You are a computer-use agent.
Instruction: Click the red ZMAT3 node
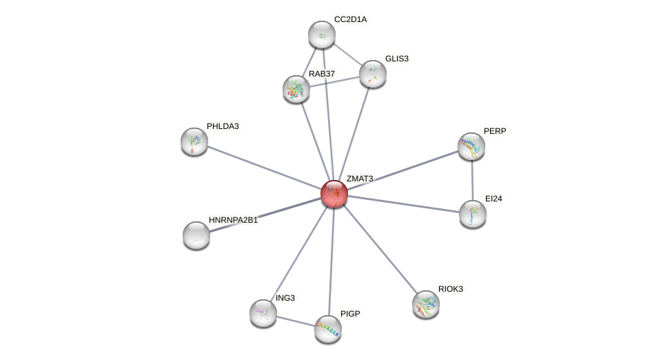[x=334, y=194]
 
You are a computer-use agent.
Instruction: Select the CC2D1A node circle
[x=321, y=34]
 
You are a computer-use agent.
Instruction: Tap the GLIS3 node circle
[x=373, y=74]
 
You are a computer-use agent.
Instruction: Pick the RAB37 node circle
[x=296, y=89]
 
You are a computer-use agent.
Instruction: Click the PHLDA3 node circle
[x=194, y=141]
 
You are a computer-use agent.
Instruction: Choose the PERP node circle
[x=471, y=146]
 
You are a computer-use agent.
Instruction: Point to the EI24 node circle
[x=473, y=214]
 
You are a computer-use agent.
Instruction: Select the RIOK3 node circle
[x=426, y=304]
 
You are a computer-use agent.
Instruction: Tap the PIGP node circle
[x=328, y=329]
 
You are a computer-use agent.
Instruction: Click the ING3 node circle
[x=263, y=313]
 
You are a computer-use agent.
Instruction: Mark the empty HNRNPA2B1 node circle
[x=196, y=235]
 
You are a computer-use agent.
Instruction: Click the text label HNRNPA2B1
[x=233, y=220]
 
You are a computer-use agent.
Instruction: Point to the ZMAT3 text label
[x=359, y=179]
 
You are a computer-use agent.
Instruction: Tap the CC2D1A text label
[x=350, y=19]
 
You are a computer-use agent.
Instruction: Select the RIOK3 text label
[x=451, y=288]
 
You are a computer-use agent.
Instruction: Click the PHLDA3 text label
[x=223, y=126]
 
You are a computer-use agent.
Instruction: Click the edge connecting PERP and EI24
[x=472, y=180]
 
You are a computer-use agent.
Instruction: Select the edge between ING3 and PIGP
[x=296, y=321]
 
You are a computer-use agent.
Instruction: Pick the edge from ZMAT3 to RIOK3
[x=380, y=249]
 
